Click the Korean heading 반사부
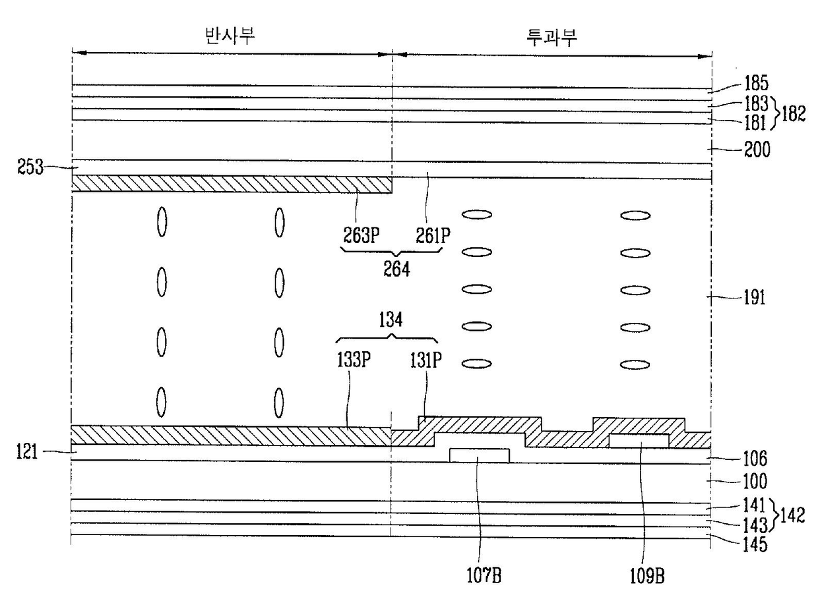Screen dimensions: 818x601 click(x=230, y=36)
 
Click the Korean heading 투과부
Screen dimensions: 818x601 click(x=553, y=36)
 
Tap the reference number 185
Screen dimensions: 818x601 click(x=755, y=84)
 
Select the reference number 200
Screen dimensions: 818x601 click(x=755, y=151)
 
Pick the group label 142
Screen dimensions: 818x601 click(x=794, y=515)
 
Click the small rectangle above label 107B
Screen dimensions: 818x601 click(x=479, y=455)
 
